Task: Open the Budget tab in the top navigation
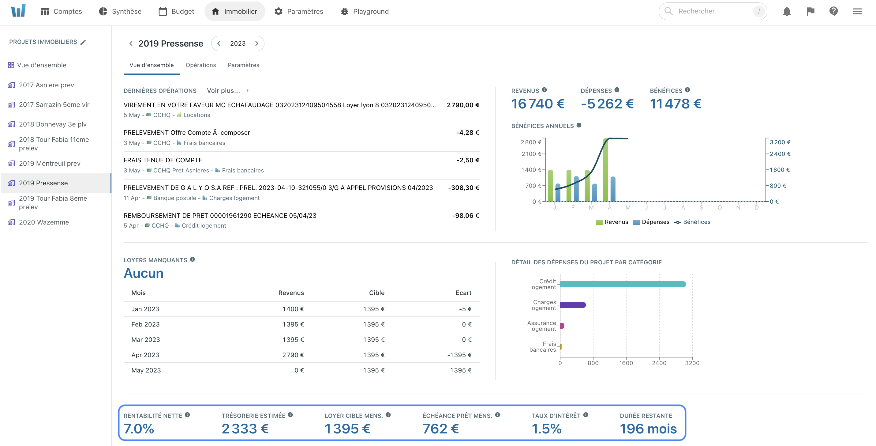(x=176, y=11)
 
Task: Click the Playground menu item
(x=365, y=11)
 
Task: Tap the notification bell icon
(x=787, y=11)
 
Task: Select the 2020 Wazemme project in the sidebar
(x=43, y=222)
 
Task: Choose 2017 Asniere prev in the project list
(x=46, y=85)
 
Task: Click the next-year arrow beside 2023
(x=257, y=43)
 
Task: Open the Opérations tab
(x=201, y=65)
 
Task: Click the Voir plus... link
(x=223, y=90)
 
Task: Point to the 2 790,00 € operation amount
(x=462, y=105)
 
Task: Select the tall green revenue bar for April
(x=605, y=170)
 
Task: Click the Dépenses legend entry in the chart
(x=651, y=222)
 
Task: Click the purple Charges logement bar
(x=573, y=305)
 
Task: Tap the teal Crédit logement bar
(x=622, y=284)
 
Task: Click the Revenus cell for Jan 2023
(x=293, y=309)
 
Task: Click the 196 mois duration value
(x=648, y=429)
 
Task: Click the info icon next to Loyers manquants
(x=193, y=259)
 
